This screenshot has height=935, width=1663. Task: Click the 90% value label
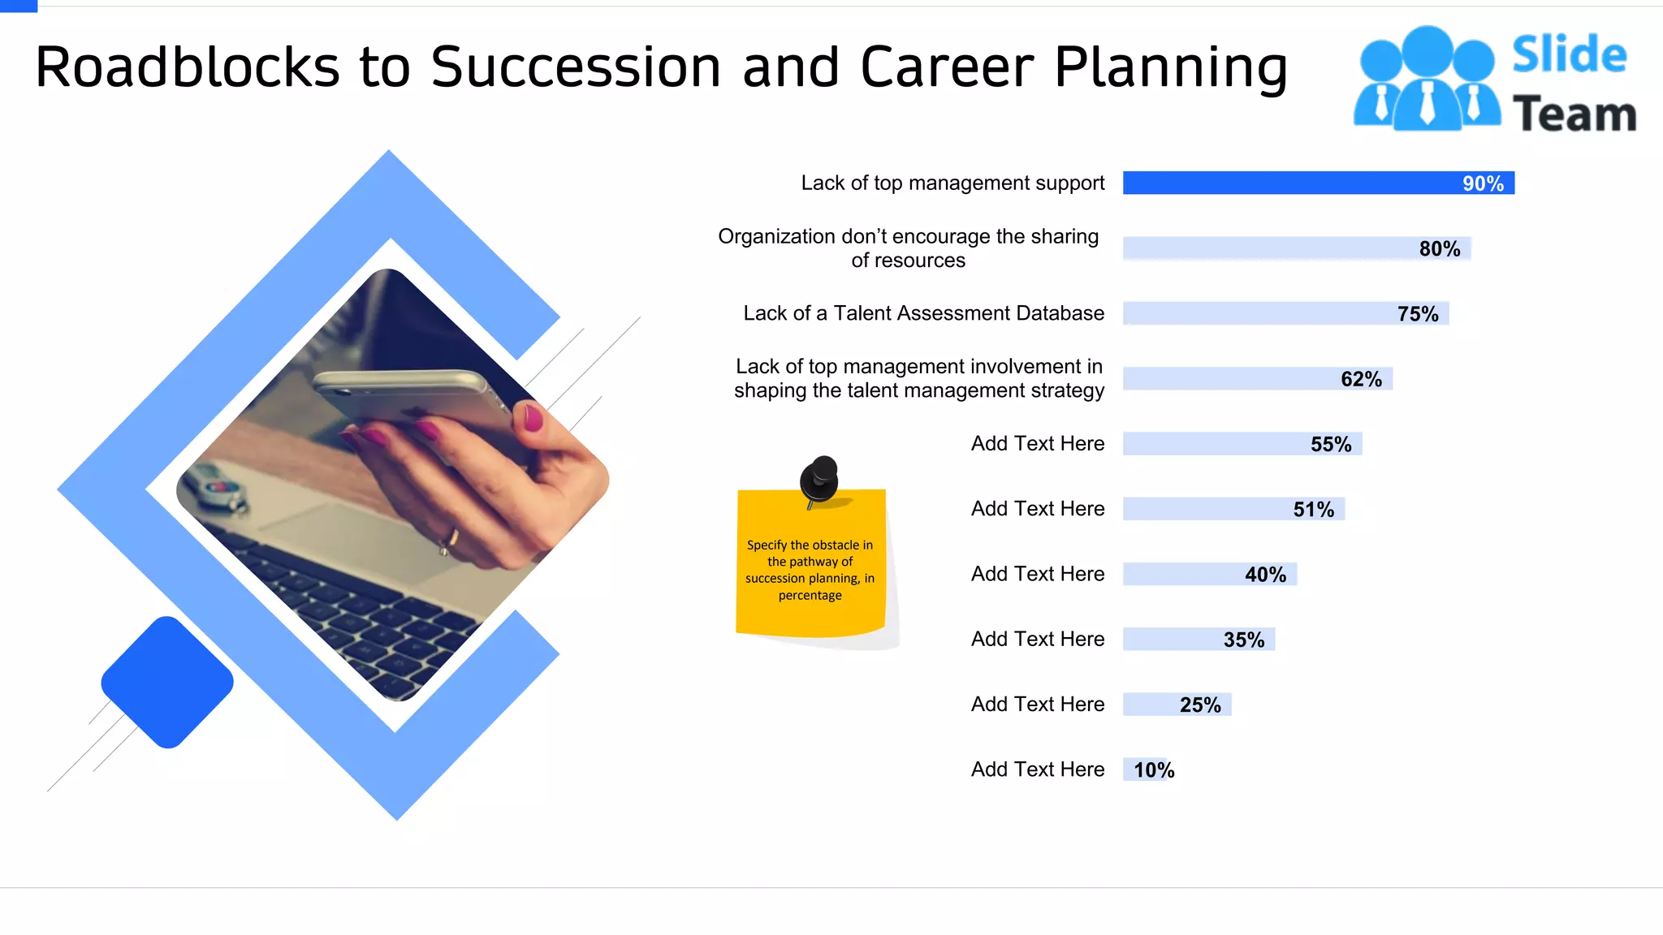pos(1482,183)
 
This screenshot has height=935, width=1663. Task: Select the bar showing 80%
pos(1296,248)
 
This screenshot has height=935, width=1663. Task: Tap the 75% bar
pos(1285,313)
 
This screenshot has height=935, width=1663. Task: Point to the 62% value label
pos(1361,379)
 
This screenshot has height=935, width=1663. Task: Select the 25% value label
pos(1200,704)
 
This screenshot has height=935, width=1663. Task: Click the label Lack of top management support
pos(952,183)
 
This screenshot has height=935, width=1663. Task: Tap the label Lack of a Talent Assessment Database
pos(923,313)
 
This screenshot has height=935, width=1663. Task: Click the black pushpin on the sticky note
pos(819,480)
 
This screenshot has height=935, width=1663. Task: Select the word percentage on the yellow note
pos(810,596)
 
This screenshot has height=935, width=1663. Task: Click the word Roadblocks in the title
pos(188,67)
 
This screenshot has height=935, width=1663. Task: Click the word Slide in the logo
pos(1569,55)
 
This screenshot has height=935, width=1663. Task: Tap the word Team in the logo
pos(1574,114)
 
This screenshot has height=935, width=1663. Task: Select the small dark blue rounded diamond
pos(167,682)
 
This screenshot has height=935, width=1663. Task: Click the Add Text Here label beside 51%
pos(1037,509)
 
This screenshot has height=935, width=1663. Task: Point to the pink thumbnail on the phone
pos(533,419)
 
